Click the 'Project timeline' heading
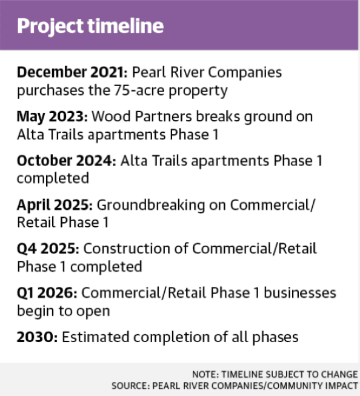pos(90,26)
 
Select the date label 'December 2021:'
pos(72,72)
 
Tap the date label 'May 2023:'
pos(52,117)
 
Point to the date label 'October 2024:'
pos(67,161)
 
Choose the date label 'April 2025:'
pos(55,205)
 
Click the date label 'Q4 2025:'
pos(48,249)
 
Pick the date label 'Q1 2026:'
pos(47,293)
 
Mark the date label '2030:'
pos(38,337)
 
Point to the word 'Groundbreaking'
pos(151,205)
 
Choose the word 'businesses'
pos(300,293)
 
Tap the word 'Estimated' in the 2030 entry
pos(95,337)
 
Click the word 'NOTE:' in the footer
pos(205,374)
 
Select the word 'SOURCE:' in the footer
pos(131,386)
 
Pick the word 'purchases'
pos(50,91)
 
